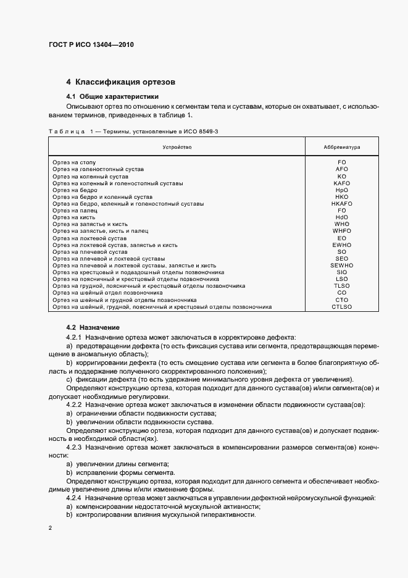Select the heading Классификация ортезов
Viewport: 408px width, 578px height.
(x=127, y=82)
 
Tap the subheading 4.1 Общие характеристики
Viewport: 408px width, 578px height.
(x=112, y=96)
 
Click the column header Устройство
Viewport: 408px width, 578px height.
(x=177, y=148)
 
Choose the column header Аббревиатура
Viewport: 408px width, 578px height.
(x=341, y=148)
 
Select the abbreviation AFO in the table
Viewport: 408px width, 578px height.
(x=341, y=169)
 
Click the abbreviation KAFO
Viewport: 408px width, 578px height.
(x=341, y=183)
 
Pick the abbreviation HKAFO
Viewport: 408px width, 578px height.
(x=341, y=203)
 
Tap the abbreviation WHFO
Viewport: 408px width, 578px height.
(x=341, y=231)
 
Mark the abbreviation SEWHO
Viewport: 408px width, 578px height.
(x=341, y=266)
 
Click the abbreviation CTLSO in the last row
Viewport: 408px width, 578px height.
(x=341, y=306)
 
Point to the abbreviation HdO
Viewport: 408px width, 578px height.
(x=341, y=217)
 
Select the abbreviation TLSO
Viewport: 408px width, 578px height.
(x=341, y=286)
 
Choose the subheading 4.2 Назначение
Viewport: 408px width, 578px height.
(x=93, y=327)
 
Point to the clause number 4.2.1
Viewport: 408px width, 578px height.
(x=74, y=337)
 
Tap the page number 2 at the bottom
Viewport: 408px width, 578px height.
(x=50, y=528)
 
